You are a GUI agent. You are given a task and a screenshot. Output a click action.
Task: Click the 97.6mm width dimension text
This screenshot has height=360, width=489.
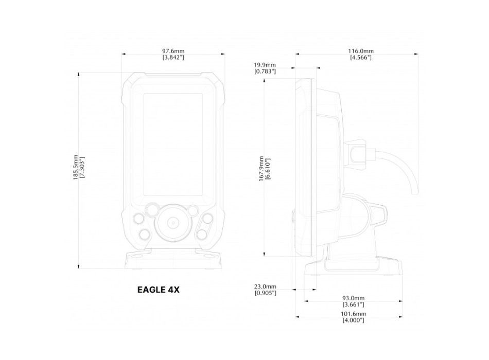click(173, 51)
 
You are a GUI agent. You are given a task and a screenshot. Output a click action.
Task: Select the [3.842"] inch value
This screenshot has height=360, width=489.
click(173, 57)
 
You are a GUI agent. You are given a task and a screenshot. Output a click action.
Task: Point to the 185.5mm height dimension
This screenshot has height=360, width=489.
click(76, 167)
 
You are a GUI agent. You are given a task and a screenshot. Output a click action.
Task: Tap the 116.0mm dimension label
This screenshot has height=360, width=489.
click(360, 51)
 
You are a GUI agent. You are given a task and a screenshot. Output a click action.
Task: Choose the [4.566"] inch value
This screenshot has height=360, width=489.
click(360, 57)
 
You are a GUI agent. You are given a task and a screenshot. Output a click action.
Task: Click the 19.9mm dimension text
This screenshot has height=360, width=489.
click(265, 65)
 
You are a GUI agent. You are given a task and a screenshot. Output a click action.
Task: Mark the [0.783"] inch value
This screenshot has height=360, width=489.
click(265, 71)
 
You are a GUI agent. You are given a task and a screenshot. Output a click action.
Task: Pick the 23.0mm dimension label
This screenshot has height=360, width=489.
click(265, 286)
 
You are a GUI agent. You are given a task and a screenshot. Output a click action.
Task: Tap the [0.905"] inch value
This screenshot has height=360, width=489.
click(265, 293)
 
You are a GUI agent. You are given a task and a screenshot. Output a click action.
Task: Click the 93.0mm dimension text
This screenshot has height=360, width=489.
click(353, 298)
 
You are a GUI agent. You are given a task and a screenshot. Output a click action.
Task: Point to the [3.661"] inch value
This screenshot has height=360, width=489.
click(353, 304)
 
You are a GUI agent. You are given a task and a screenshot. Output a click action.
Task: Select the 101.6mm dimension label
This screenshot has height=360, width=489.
click(353, 314)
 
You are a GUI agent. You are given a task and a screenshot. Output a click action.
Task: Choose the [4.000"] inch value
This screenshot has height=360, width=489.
click(353, 320)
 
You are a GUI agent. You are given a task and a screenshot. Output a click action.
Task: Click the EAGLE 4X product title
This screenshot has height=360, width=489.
click(158, 290)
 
